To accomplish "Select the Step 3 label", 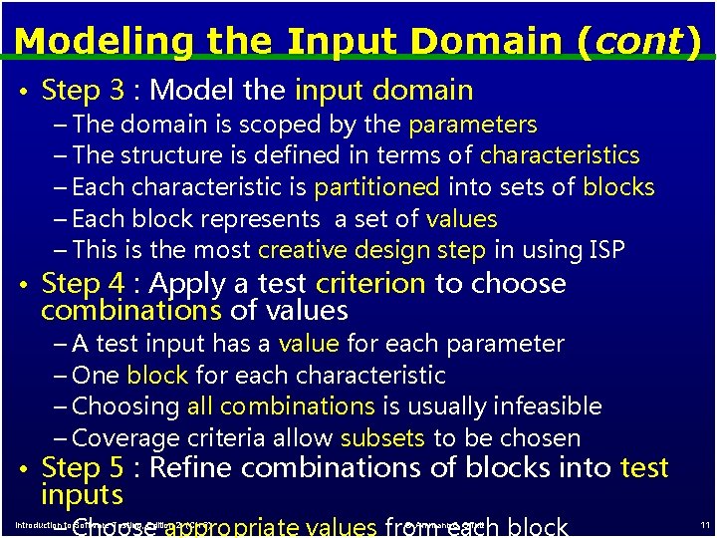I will click(x=83, y=91).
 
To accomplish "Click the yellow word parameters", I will click(x=472, y=125).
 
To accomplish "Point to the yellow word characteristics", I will click(x=560, y=155).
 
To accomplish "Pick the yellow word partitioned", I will click(x=376, y=187).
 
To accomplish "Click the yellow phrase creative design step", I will click(x=371, y=250).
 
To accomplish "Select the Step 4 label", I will click(x=83, y=283).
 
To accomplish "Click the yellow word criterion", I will click(x=371, y=283).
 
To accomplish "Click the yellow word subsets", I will click(x=382, y=438).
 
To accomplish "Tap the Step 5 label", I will click(x=83, y=468).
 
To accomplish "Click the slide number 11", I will click(x=704, y=525).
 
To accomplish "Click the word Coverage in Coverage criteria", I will click(x=126, y=438).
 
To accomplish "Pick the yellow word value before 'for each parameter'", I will click(x=309, y=344).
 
